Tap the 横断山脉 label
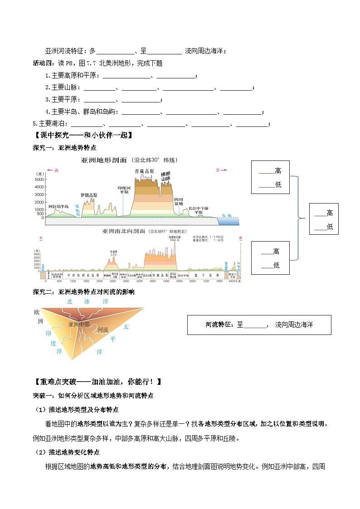tap(165, 176)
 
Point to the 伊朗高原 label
tap(88, 195)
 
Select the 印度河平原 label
tap(124, 189)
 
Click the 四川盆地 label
tap(179, 202)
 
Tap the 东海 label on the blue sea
tap(227, 216)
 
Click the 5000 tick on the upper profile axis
tap(39, 179)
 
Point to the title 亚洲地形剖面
tap(104, 160)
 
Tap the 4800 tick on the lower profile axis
tap(153, 281)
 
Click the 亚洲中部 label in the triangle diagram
tap(79, 325)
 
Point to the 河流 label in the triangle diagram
tap(103, 330)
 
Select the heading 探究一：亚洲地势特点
tap(64, 148)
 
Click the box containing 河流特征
tap(259, 325)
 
